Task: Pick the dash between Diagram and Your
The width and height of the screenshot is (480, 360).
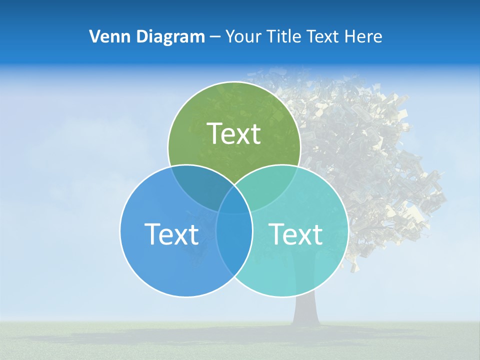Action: tap(215, 37)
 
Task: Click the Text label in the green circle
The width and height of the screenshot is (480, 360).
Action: tap(234, 133)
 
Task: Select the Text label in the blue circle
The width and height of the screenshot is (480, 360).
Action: tap(171, 234)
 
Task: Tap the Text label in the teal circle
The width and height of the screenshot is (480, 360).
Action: tap(296, 234)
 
